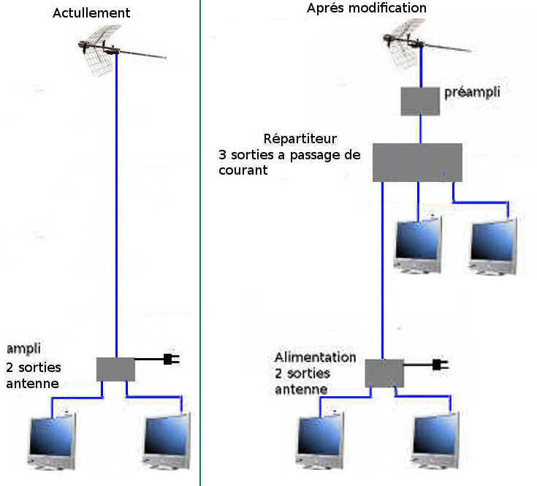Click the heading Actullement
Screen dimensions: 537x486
tap(91, 13)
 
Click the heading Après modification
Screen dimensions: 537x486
tap(367, 8)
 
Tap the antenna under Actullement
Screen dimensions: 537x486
tap(116, 50)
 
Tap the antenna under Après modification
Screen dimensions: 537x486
tap(422, 43)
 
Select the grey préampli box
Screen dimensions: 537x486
tap(420, 102)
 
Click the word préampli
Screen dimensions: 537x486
tap(472, 93)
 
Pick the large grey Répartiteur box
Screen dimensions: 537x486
tap(417, 162)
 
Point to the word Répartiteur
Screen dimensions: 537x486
tap(300, 139)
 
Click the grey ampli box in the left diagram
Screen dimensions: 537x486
tap(115, 369)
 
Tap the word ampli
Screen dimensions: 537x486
tap(23, 349)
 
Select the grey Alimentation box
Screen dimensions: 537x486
tap(384, 373)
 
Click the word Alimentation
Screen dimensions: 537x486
tap(315, 357)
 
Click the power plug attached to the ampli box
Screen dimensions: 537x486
tap(171, 359)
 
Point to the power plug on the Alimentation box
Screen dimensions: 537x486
tap(441, 365)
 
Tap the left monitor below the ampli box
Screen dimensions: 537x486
tap(52, 442)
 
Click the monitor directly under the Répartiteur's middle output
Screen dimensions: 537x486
tap(418, 244)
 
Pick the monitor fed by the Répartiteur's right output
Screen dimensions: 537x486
tap(493, 246)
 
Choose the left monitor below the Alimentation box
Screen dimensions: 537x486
tap(320, 441)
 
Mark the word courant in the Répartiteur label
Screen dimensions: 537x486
tap(243, 170)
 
